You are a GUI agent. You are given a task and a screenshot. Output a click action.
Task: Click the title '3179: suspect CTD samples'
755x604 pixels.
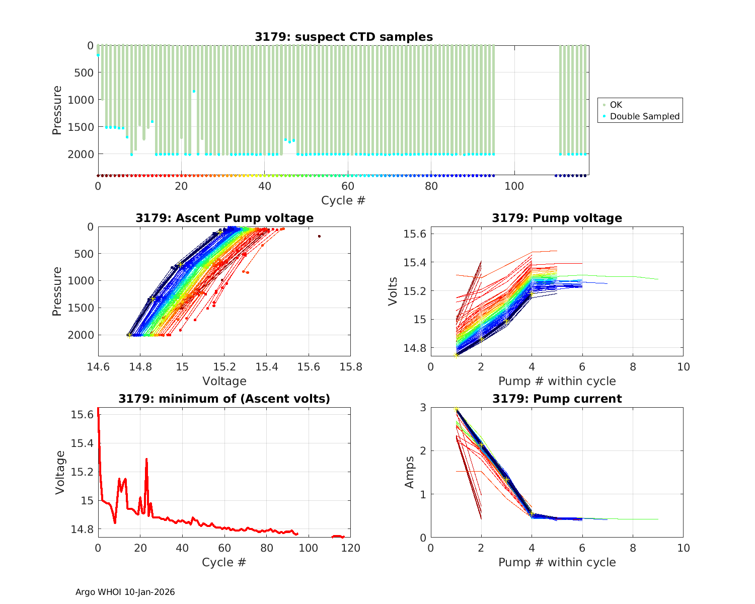point(343,37)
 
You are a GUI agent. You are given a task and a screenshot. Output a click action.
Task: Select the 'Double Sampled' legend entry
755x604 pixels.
point(644,116)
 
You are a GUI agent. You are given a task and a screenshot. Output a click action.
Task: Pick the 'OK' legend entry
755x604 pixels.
point(616,105)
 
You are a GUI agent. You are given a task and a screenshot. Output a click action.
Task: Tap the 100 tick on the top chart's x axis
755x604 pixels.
point(514,186)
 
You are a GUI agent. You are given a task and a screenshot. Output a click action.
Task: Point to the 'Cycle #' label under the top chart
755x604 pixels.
point(343,200)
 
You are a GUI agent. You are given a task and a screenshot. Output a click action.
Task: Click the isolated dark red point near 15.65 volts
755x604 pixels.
point(319,236)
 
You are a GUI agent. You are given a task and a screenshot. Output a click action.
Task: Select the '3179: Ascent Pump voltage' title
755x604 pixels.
point(224,218)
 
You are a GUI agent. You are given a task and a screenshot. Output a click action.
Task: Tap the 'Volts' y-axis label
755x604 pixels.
point(394,291)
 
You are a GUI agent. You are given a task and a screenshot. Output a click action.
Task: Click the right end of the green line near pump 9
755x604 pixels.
point(658,279)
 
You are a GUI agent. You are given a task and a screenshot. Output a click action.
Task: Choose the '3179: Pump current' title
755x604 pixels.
point(557,399)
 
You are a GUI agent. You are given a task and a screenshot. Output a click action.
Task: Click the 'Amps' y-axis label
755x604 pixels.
point(410,472)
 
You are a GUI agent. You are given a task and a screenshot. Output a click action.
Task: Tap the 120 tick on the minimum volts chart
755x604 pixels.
point(350,548)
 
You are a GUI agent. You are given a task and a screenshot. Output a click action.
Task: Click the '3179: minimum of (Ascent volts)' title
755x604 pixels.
point(224,399)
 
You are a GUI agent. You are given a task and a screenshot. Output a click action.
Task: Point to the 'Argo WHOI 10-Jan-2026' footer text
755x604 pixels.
point(125,592)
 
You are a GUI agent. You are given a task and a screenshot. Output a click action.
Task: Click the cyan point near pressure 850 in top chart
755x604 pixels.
point(194,91)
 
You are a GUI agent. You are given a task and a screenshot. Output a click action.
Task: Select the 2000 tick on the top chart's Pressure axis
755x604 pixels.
point(81,154)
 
